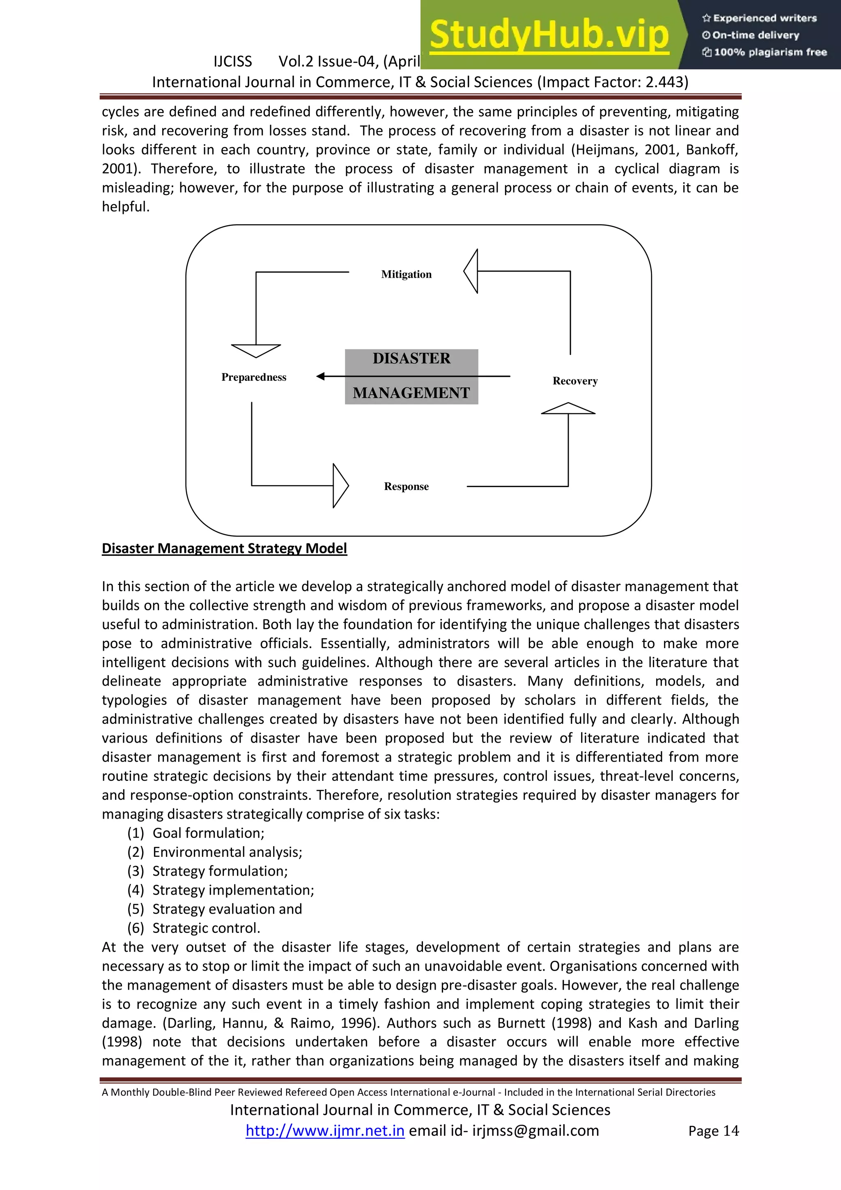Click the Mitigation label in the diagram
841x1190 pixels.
(406, 274)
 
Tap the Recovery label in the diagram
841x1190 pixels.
(575, 381)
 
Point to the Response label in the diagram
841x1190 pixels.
(406, 486)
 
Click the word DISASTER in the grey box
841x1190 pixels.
(411, 359)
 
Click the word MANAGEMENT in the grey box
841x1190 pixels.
(411, 393)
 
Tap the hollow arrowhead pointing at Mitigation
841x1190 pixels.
(471, 271)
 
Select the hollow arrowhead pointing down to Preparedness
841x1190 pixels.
(256, 350)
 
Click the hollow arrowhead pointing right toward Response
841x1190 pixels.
(340, 486)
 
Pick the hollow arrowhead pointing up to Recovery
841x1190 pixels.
(568, 408)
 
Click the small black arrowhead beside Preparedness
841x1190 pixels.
(321, 376)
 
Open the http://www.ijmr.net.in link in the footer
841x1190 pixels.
(325, 1130)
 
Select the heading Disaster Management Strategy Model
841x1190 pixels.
(224, 548)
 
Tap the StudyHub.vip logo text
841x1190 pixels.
(549, 35)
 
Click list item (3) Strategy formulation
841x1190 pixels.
(220, 871)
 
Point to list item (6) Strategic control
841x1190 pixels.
(206, 928)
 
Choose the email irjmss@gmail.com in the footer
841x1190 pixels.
(535, 1130)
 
